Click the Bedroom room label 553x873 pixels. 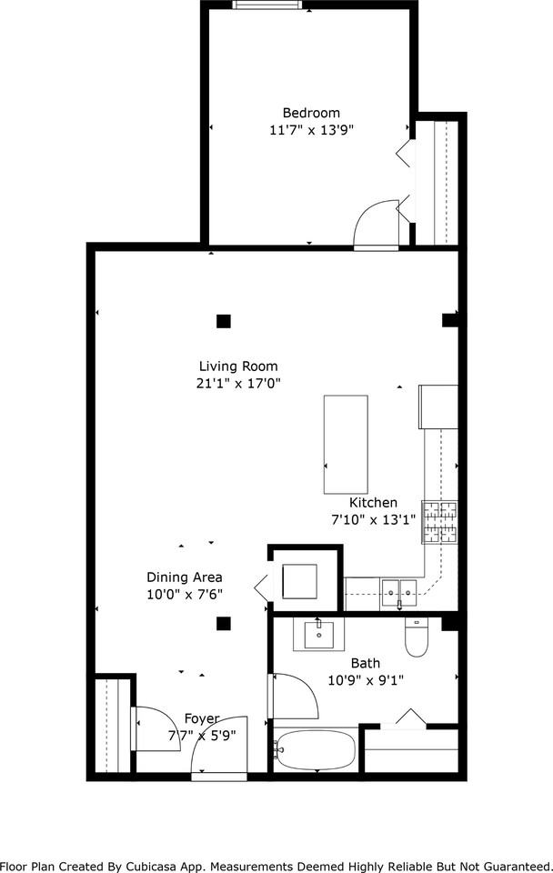(x=311, y=113)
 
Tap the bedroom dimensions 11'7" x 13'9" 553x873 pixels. (x=311, y=130)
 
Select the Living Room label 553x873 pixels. (x=238, y=366)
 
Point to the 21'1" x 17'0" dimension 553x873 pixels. (x=238, y=384)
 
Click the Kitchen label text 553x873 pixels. (x=373, y=503)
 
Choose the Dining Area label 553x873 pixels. (x=185, y=577)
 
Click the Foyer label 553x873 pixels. (x=202, y=718)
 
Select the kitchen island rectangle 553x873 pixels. (x=346, y=445)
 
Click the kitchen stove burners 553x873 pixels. (x=440, y=523)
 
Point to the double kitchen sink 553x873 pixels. (x=398, y=593)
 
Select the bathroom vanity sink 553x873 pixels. (x=317, y=634)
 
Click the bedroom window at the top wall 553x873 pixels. (x=266, y=5)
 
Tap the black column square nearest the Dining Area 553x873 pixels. (x=224, y=624)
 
